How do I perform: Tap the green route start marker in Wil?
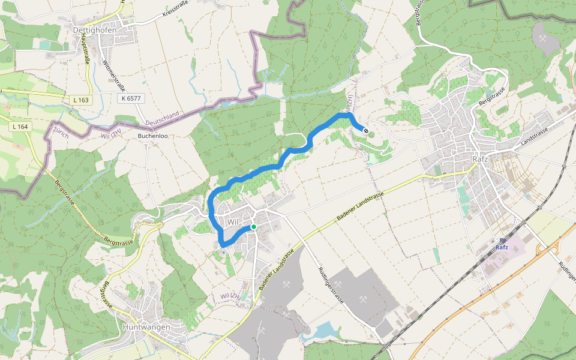point(254,227)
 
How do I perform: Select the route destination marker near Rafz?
point(365,130)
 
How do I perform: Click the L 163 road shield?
point(82,100)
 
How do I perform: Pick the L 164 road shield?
point(20,127)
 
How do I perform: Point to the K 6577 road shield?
point(130,98)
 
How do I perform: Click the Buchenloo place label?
point(152,136)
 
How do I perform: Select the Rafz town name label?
point(479,160)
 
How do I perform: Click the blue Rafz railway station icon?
point(502,241)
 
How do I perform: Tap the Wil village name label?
point(233,222)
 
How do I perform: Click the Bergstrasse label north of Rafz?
point(493,97)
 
